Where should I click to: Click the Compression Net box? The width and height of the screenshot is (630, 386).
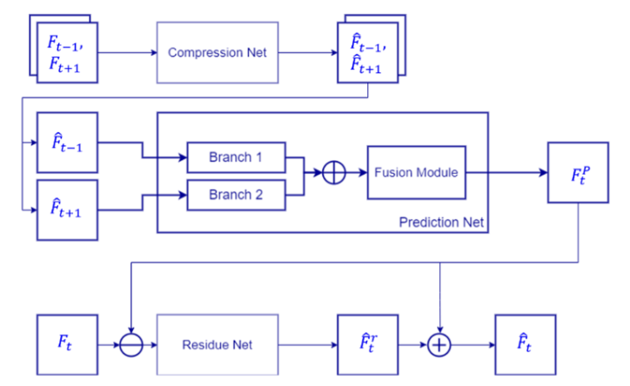[x=217, y=52]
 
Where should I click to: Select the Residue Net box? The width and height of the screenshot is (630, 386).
[x=217, y=344]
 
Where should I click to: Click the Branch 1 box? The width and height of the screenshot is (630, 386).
[x=236, y=157]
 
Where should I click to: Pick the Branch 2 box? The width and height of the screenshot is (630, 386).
[x=236, y=194]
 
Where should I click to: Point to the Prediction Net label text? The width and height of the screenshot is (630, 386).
[x=440, y=223]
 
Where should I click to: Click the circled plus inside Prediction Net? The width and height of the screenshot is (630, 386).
[x=333, y=172]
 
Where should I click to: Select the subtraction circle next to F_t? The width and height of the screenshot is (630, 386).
[x=130, y=345]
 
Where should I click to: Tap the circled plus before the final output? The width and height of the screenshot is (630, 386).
[x=440, y=345]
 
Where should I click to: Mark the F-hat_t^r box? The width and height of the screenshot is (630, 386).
[x=368, y=345]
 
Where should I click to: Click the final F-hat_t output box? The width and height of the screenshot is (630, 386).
[x=526, y=345]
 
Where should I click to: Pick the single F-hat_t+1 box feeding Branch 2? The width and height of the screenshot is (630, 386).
[x=67, y=210]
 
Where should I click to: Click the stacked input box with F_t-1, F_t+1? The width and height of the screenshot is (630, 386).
[x=65, y=52]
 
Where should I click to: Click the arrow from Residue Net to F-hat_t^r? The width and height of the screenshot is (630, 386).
[x=306, y=345]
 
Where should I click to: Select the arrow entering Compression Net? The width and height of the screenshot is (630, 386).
[x=127, y=52]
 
